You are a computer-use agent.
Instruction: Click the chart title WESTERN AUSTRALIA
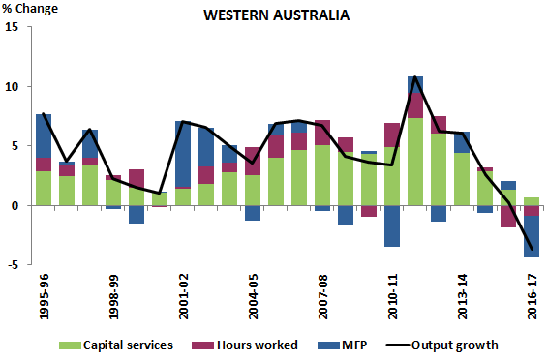[x=276, y=16]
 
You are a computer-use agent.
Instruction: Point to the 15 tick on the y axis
[x=12, y=27]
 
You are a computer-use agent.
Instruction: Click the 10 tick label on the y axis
[x=12, y=87]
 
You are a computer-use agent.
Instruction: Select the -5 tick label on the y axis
[x=12, y=265]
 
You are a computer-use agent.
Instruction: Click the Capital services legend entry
[x=117, y=345]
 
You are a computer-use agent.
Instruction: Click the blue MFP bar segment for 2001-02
[x=183, y=154]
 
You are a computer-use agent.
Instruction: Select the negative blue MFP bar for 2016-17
[x=532, y=237]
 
